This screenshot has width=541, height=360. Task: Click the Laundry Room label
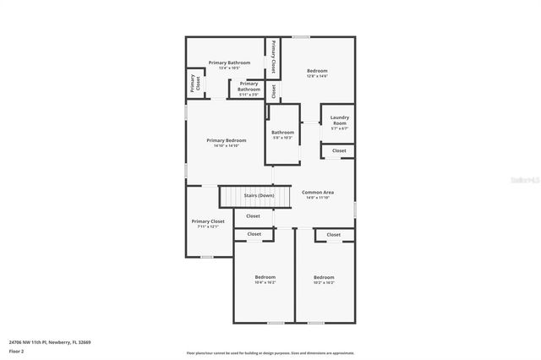339,121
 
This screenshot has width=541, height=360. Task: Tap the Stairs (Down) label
259,195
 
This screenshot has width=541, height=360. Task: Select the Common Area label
319,193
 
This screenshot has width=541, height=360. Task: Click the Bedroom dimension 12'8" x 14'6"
317,77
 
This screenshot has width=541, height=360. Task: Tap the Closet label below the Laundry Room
338,150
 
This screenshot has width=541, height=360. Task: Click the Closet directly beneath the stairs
253,216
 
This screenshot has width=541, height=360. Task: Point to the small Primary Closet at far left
194,84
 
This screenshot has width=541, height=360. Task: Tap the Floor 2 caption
16,351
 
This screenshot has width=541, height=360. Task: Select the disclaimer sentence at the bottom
270,353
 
